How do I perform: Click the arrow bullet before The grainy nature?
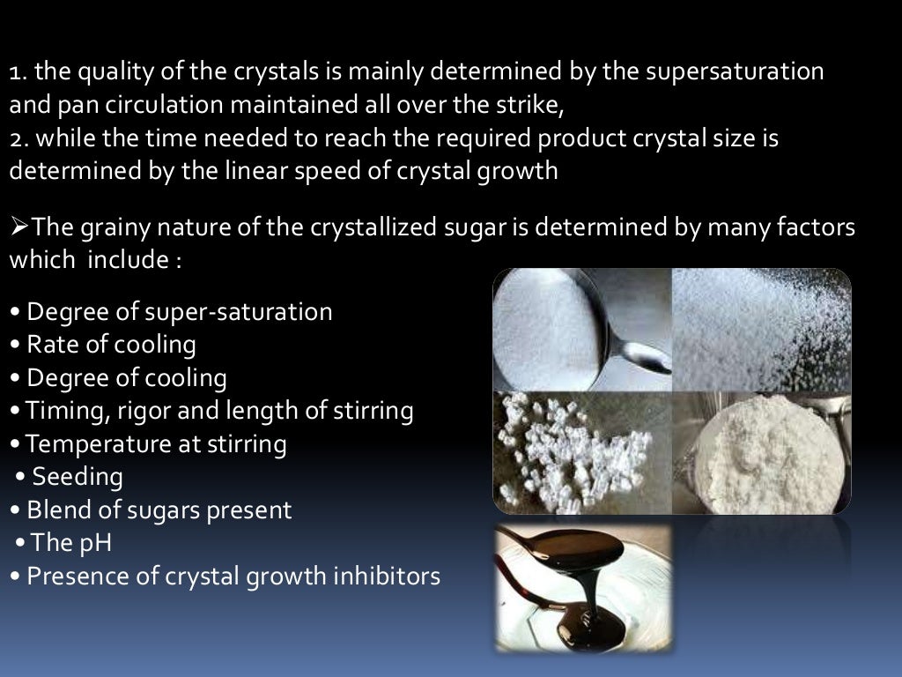19,227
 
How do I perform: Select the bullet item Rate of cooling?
111,344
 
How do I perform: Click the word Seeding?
78,477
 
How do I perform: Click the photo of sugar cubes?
581,452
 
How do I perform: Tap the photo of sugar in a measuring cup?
762,452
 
